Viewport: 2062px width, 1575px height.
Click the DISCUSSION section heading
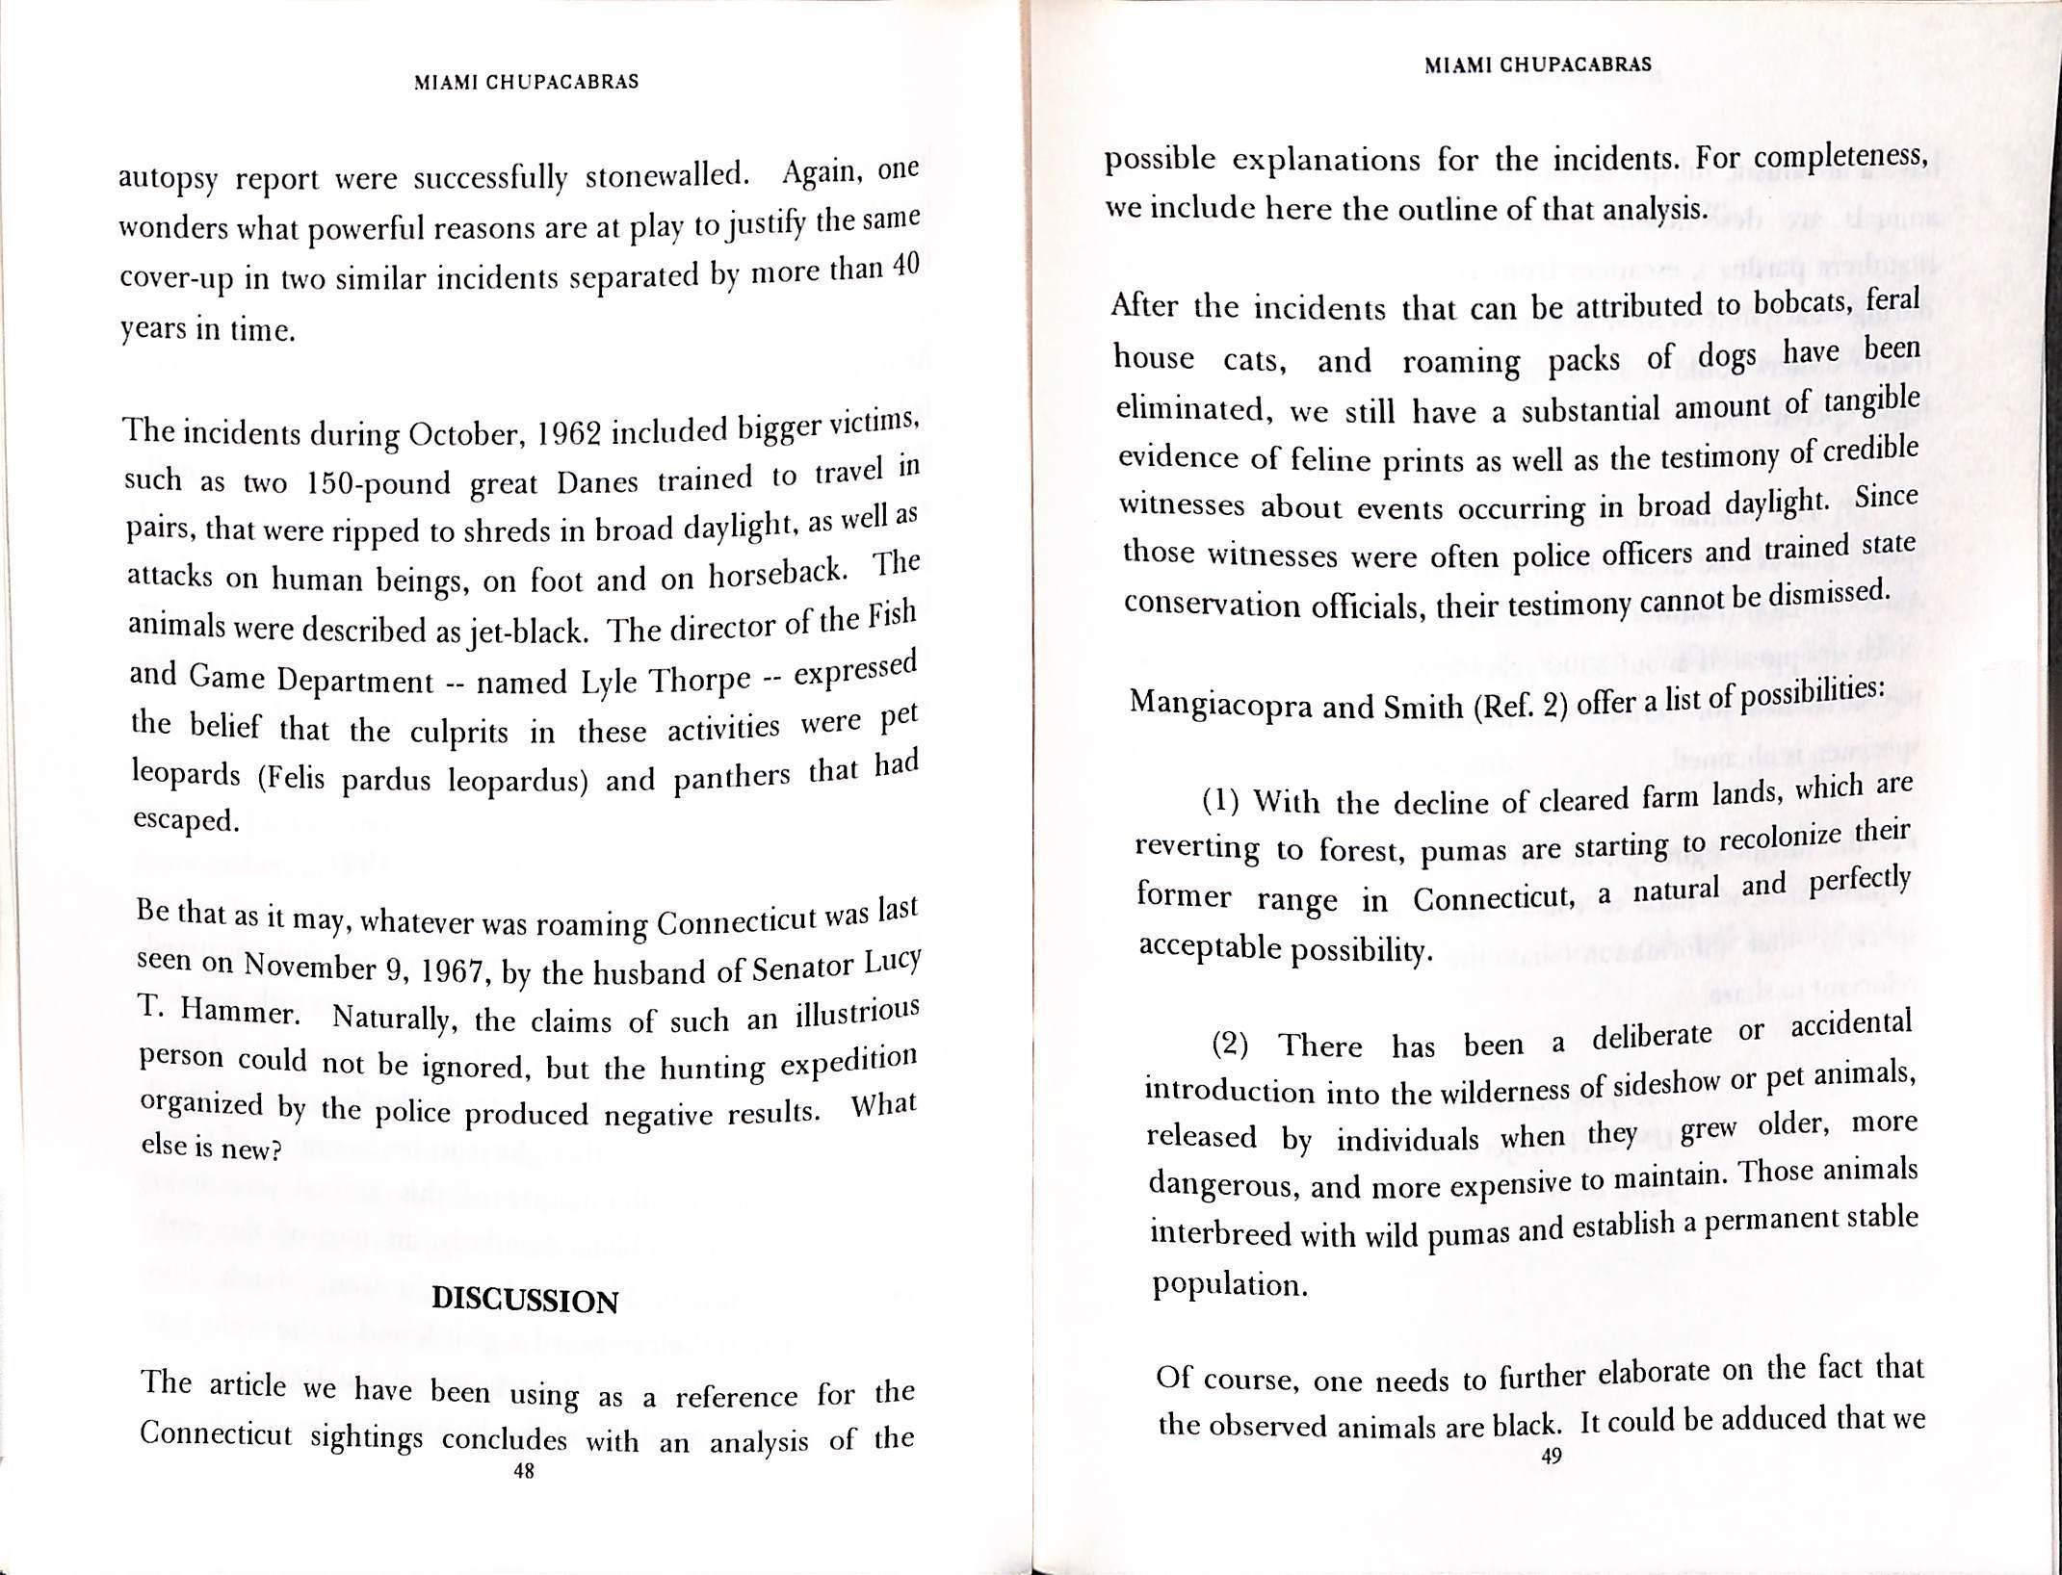click(525, 1301)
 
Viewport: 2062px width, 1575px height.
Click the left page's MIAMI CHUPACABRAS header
click(526, 83)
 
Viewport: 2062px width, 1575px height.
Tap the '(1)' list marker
click(1221, 801)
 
